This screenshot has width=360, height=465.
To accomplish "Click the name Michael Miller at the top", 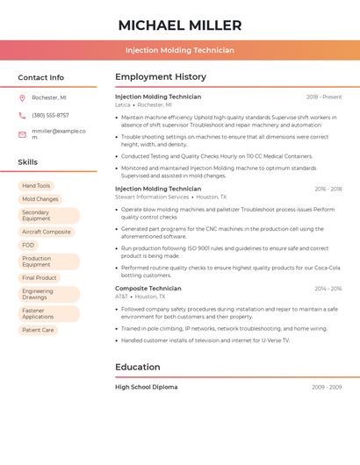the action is coord(180,25).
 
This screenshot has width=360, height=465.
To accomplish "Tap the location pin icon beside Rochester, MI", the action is coord(22,97).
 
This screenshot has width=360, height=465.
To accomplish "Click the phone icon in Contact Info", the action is coord(22,115).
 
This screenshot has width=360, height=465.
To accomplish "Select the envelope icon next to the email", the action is coord(22,134).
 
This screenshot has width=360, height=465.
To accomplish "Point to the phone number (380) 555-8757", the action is coord(50,115).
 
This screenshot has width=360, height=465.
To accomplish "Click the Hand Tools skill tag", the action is coord(36,186).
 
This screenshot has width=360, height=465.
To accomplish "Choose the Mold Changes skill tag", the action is coord(40,199).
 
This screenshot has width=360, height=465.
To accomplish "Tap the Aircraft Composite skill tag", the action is coord(46,232).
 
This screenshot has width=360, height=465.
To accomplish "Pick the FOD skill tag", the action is coord(28,245).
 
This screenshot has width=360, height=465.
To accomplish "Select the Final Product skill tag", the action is coord(40,278).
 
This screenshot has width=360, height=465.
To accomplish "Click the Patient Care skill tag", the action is coord(38,330).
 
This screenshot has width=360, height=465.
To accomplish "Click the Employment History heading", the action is coord(161,77).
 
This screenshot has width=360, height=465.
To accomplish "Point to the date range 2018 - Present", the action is coord(324,97).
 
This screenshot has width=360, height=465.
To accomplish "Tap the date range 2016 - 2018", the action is coord(328,189).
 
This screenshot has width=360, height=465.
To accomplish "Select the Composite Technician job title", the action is coord(148,289).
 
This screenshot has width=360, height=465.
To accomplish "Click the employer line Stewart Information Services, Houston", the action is coord(171,197).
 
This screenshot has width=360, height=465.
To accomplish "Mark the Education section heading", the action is coord(138,367).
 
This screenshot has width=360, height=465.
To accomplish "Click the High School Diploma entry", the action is coord(146,387).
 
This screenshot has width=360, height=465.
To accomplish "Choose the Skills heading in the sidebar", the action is coord(28,162).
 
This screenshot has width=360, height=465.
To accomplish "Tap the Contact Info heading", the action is coord(41,77).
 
